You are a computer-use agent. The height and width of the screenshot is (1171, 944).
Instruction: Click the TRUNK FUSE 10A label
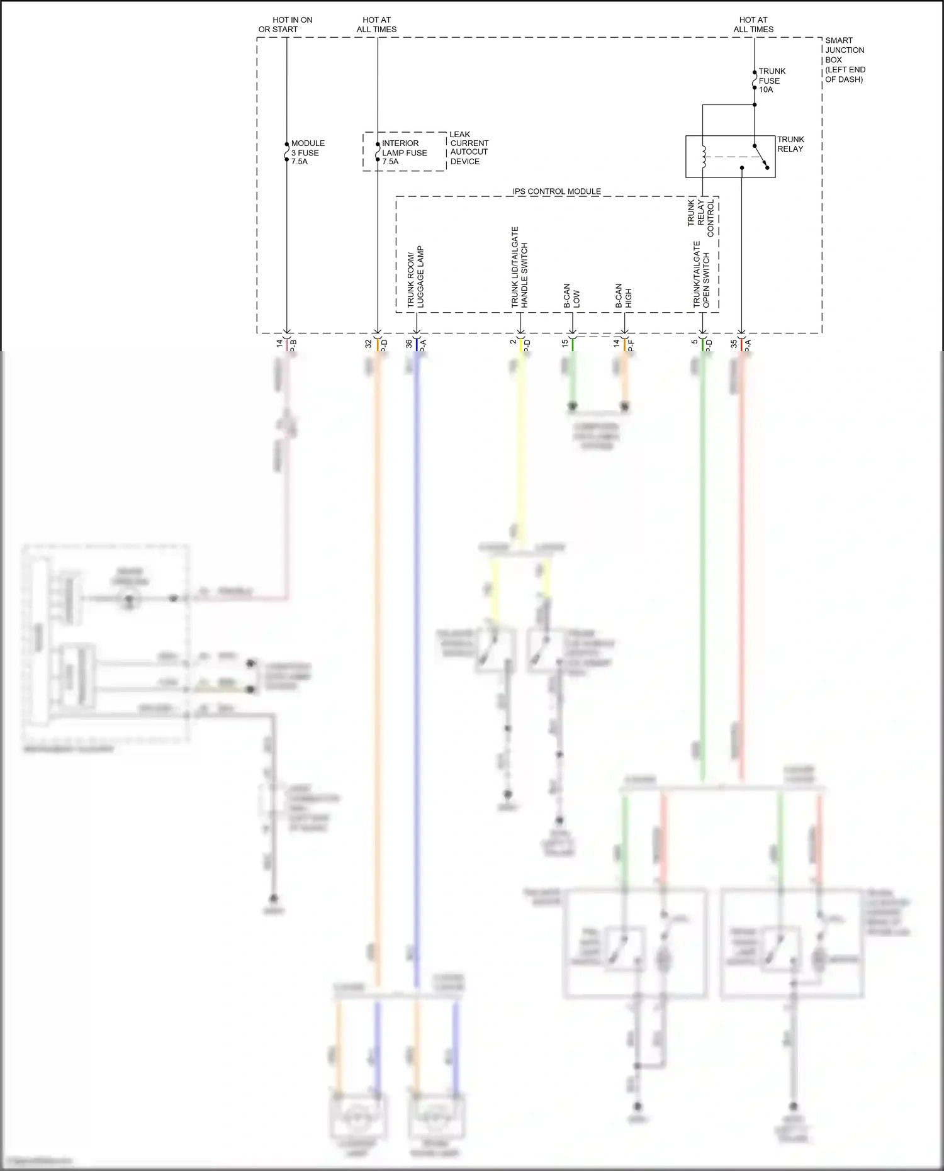[x=772, y=81]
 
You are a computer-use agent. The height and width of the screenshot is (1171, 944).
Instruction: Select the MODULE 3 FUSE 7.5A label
[x=307, y=152]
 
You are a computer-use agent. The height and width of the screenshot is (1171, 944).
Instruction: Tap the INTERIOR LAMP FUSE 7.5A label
[x=404, y=152]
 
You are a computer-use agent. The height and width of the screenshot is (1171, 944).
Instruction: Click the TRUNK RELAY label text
[x=790, y=144]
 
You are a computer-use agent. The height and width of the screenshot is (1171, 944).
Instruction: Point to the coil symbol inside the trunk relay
[x=704, y=157]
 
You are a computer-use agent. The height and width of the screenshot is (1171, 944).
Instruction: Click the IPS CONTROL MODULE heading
[x=556, y=191]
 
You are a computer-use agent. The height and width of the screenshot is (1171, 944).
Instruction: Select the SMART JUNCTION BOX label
[x=844, y=60]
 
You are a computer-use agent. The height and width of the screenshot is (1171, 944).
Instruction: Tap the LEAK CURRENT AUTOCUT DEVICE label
[x=468, y=148]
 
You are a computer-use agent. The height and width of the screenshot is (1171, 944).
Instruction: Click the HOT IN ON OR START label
[x=286, y=25]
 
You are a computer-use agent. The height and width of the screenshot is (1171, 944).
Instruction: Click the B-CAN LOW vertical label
[x=571, y=296]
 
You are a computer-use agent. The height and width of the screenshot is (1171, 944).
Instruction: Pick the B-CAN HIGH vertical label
[x=623, y=296]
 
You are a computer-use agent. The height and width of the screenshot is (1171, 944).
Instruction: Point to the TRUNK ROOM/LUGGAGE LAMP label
[x=415, y=277]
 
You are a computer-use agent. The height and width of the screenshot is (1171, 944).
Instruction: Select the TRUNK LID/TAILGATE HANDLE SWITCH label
[x=520, y=267]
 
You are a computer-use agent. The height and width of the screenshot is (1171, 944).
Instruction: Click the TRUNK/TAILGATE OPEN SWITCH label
[x=701, y=275]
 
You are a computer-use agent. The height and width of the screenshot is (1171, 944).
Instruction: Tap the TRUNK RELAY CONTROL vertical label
[x=700, y=217]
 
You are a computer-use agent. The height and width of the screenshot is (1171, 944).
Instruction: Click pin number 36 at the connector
[x=409, y=344]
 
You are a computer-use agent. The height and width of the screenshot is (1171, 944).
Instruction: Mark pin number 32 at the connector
[x=369, y=344]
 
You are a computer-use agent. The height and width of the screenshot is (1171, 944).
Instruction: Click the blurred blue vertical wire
[x=416, y=629]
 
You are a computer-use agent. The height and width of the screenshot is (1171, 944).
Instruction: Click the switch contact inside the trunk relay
[x=760, y=156]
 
